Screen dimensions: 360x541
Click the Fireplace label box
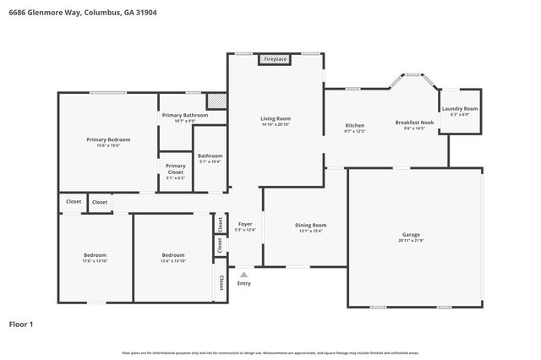pos(276,59)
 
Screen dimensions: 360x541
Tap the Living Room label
pos(276,118)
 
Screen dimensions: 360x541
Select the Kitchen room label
pos(354,125)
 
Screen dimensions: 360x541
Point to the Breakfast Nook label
pos(414,123)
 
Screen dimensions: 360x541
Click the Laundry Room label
pos(460,109)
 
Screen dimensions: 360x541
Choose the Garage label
pos(411,234)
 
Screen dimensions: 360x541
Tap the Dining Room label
pos(310,225)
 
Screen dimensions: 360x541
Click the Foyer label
pos(245,224)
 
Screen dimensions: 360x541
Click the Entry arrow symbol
pos(244,274)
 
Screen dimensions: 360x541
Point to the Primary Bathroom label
pos(184,115)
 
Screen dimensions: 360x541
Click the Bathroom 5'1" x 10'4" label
pos(210,155)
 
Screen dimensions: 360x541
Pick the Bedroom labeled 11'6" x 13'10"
pos(95,254)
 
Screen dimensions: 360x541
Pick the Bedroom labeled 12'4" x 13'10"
pos(173,254)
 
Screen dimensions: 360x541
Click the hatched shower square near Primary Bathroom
pos(217,101)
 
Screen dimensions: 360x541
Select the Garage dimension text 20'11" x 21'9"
pos(411,241)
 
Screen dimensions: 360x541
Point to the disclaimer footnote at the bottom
pos(270,352)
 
